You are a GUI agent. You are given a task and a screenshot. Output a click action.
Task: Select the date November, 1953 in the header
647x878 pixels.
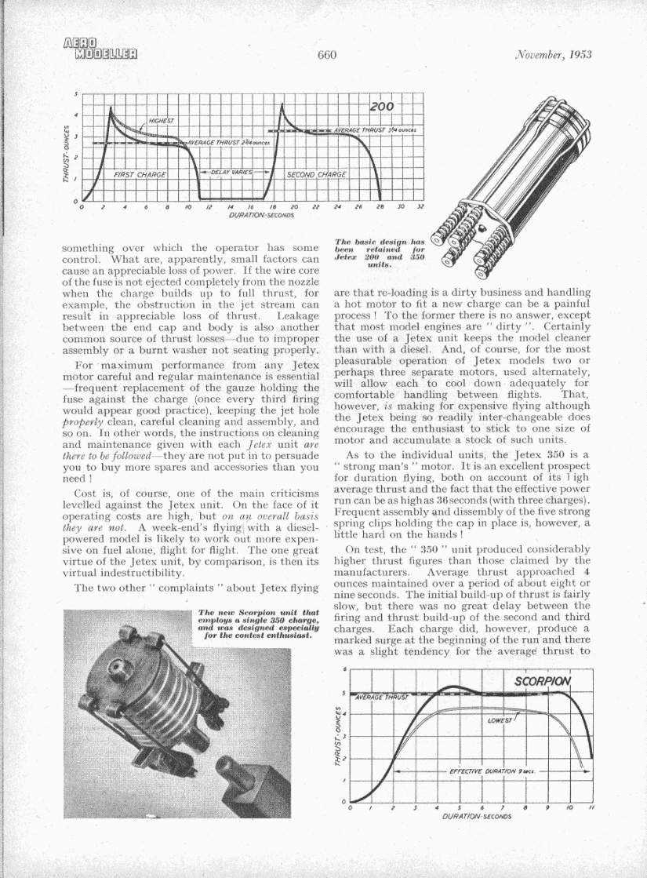pyautogui.click(x=553, y=55)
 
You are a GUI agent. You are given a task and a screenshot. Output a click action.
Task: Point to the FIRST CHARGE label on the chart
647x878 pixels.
pyautogui.click(x=140, y=174)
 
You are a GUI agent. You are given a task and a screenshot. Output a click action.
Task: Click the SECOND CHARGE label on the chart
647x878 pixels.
pyautogui.click(x=315, y=174)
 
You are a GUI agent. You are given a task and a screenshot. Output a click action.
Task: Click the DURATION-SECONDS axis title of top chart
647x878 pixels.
pyautogui.click(x=261, y=213)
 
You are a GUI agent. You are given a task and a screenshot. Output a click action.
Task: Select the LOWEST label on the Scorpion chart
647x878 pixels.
pyautogui.click(x=499, y=720)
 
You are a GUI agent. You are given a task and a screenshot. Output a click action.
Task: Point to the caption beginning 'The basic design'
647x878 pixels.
pyautogui.click(x=368, y=254)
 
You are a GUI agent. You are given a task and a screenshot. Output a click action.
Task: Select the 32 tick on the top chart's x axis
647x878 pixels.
pyautogui.click(x=420, y=206)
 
